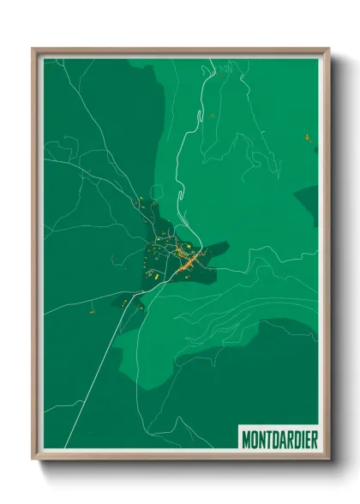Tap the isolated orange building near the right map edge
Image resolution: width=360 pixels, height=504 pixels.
(306, 137)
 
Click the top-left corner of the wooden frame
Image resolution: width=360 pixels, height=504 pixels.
(33, 49)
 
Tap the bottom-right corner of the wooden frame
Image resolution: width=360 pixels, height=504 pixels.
(328, 459)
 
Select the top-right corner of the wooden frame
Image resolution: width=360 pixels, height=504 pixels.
(328, 49)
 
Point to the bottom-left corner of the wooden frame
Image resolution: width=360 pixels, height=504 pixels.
(33, 459)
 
